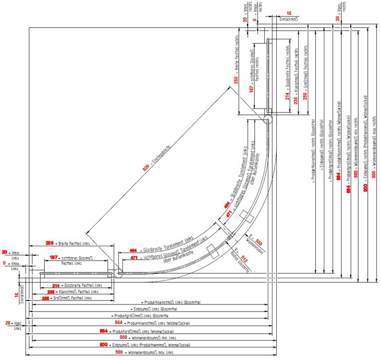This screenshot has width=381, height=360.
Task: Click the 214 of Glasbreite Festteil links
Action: pyautogui.click(x=56, y=285)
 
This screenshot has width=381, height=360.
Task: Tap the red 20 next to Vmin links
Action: pyautogui.click(x=5, y=252)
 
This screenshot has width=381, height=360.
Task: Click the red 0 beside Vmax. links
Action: pyautogui.click(x=5, y=263)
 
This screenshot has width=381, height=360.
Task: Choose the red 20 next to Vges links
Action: pyautogui.click(x=8, y=323)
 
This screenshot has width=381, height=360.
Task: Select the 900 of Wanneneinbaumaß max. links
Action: pyautogui.click(x=104, y=353)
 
